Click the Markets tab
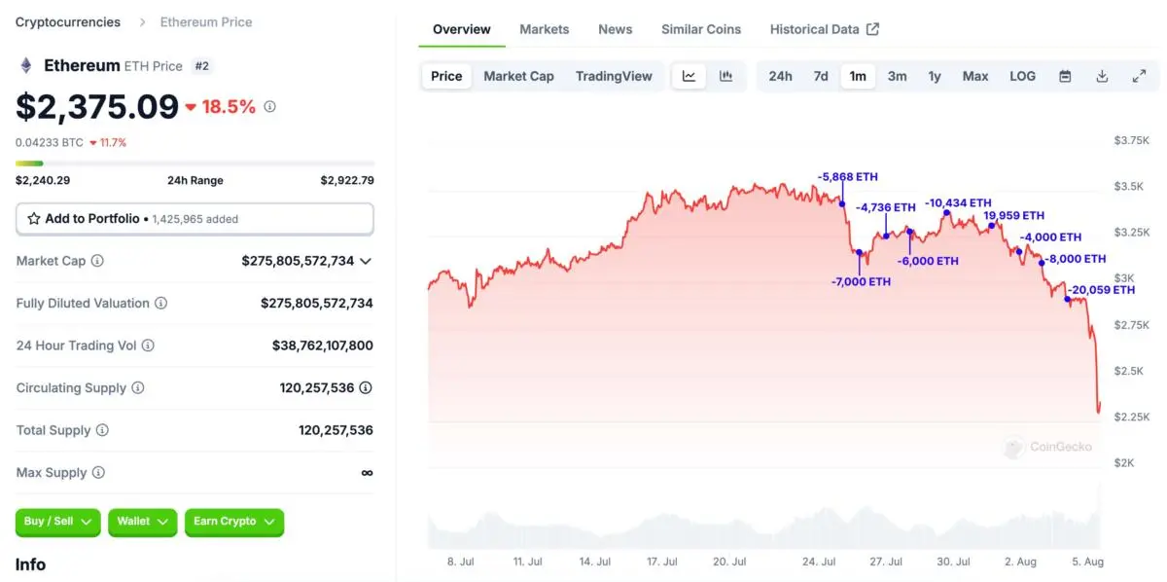pyautogui.click(x=544, y=29)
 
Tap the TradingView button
pyautogui.click(x=614, y=76)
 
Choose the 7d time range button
pyautogui.click(x=821, y=76)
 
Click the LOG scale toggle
pyautogui.click(x=1022, y=76)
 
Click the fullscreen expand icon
pyautogui.click(x=1139, y=76)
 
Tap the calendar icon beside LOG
pyautogui.click(x=1065, y=76)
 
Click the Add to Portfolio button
pyautogui.click(x=194, y=219)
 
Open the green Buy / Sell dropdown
pyautogui.click(x=57, y=522)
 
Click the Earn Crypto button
pyautogui.click(x=233, y=522)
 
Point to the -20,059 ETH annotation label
pyautogui.click(x=1102, y=290)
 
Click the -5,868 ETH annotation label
pyautogui.click(x=848, y=177)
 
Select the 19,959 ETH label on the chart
pyautogui.click(x=1013, y=216)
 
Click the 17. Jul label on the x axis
pyautogui.click(x=661, y=562)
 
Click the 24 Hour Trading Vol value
pyautogui.click(x=322, y=346)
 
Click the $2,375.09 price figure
pyautogui.click(x=97, y=106)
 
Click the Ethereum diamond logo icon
pyautogui.click(x=26, y=66)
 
